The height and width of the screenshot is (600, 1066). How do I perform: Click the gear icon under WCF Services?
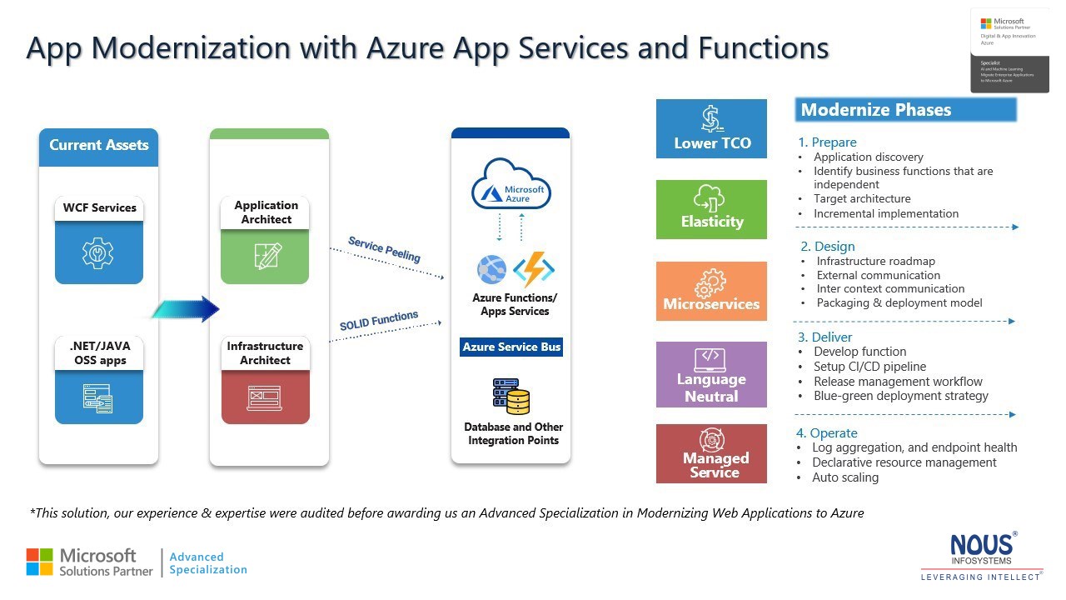point(98,252)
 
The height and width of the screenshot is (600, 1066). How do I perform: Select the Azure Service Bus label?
point(511,347)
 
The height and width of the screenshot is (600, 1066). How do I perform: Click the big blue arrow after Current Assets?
point(187,309)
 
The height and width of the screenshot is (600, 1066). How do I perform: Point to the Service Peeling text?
point(384,249)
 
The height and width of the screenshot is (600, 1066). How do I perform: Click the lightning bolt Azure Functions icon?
point(534,269)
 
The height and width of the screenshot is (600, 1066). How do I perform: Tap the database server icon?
point(511,397)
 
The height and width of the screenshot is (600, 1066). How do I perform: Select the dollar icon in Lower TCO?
point(711,118)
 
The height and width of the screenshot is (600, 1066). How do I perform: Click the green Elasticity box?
point(711,209)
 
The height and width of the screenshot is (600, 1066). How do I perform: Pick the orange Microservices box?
point(711,291)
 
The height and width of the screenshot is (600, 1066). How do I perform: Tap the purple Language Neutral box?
point(711,374)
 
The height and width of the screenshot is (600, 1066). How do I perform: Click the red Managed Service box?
point(711,453)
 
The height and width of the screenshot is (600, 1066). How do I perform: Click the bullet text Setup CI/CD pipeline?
point(869,367)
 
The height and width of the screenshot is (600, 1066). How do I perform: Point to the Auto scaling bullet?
point(845,477)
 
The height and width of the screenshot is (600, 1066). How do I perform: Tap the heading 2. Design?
point(828,247)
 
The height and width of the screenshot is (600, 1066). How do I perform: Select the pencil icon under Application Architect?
point(267,255)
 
